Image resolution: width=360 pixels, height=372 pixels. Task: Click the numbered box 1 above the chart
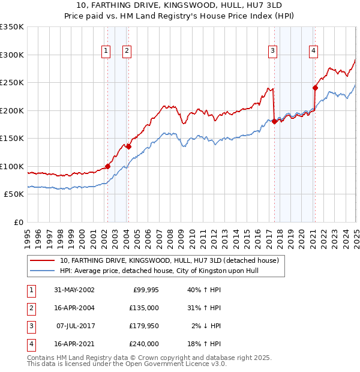[x=106, y=52]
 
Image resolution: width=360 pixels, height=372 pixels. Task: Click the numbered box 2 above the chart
[x=127, y=52]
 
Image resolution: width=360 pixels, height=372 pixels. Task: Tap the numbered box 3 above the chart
[x=272, y=52]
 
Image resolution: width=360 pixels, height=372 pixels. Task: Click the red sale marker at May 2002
[x=108, y=166]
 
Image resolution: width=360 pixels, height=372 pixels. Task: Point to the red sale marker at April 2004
[x=128, y=146]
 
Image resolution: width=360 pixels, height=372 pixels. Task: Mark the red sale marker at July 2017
[x=274, y=121]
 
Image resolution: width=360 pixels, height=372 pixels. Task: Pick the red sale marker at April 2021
[x=315, y=88]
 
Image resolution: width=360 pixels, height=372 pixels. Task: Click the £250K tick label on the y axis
[x=12, y=82]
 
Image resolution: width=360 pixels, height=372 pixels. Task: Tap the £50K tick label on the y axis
[x=14, y=194]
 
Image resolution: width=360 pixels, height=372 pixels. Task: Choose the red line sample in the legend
[x=42, y=261]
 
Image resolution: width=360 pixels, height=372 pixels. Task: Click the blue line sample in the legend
[x=42, y=271]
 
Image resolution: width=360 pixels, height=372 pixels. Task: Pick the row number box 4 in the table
[x=30, y=344]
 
